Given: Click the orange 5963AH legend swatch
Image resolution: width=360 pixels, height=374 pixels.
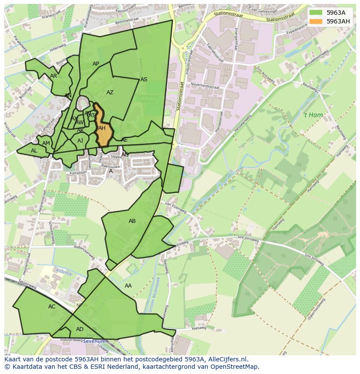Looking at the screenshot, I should tap(316, 21).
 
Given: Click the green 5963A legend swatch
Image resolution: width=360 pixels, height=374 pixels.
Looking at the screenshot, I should tap(316, 12).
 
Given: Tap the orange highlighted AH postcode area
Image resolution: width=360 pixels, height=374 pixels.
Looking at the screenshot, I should tap(103, 129).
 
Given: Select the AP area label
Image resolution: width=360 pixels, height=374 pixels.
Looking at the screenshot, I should tap(96, 64).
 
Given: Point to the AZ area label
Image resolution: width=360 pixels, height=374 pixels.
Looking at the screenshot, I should tap(110, 93).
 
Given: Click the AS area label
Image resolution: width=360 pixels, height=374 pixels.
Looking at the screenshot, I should tap(144, 79).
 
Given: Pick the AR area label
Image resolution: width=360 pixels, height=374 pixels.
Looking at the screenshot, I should tap(53, 76).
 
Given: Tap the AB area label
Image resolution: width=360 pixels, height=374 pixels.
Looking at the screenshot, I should tap(132, 221).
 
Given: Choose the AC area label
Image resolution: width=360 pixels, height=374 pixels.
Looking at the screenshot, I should tap(52, 307).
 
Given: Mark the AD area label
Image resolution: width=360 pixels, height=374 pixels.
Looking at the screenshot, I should tap(80, 329).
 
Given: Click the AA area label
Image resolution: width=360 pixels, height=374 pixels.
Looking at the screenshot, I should tap(128, 286).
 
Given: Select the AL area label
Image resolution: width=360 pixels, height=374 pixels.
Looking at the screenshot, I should tap(34, 151).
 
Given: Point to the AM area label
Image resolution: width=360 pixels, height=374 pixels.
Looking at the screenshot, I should tap(46, 143).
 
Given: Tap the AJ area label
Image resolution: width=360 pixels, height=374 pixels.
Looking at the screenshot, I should tap(80, 141).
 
